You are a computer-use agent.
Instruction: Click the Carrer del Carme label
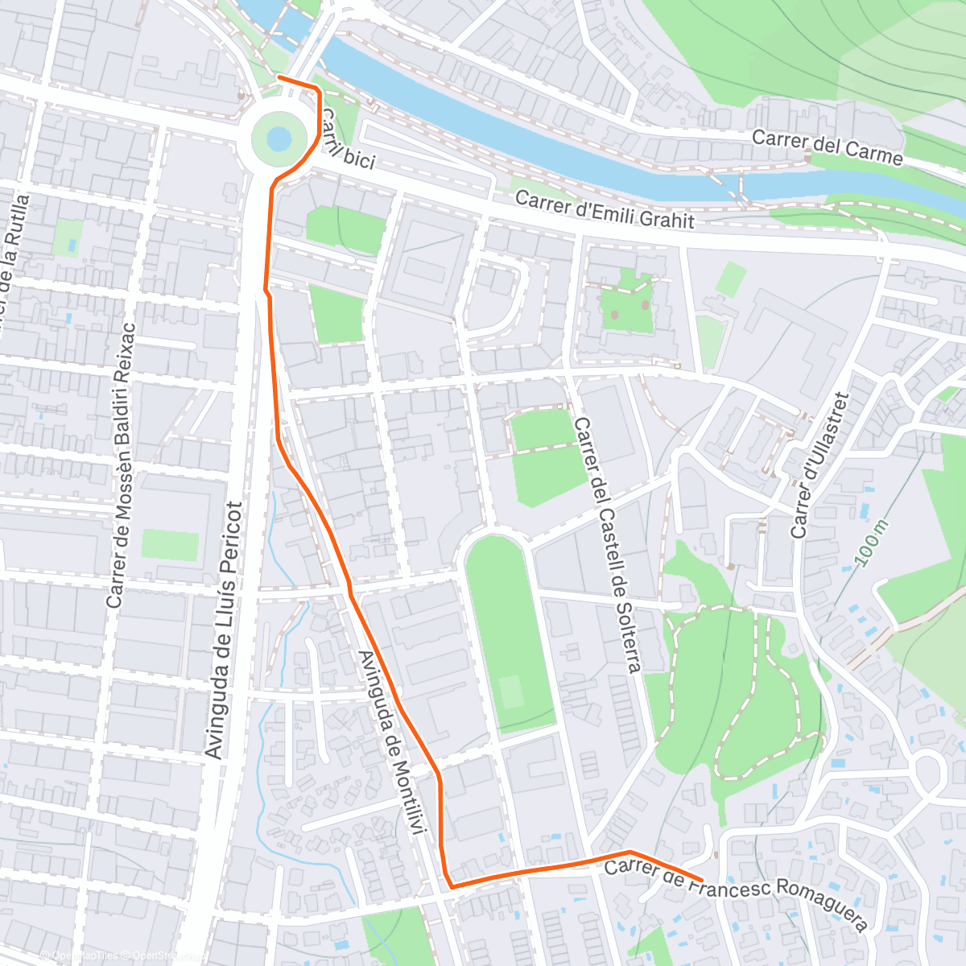pyautogui.click(x=827, y=146)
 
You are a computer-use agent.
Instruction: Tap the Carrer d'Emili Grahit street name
pyautogui.click(x=604, y=209)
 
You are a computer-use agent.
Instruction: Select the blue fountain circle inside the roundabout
pyautogui.click(x=279, y=139)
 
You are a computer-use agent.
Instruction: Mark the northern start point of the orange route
pyautogui.click(x=279, y=77)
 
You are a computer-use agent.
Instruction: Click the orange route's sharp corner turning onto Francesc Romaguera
pyautogui.click(x=451, y=886)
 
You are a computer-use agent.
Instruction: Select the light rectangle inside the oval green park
pyautogui.click(x=510, y=691)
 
